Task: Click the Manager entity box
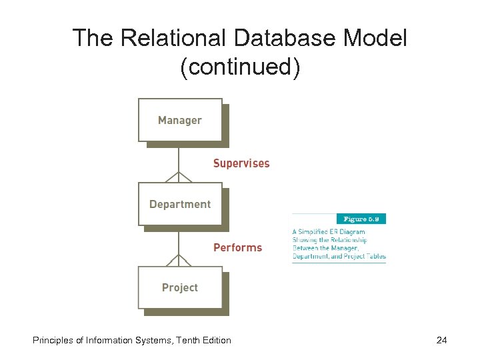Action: tap(180, 120)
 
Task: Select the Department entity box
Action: tap(180, 204)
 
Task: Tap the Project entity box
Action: tap(180, 287)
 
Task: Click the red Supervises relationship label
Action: tap(241, 163)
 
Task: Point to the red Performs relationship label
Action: tap(237, 247)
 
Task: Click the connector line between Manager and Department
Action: tap(179, 157)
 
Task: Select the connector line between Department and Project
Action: tap(179, 240)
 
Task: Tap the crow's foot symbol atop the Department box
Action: tap(179, 177)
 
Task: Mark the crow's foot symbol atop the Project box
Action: tap(179, 260)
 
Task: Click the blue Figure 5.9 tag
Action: tap(363, 219)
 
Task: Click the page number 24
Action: tap(441, 341)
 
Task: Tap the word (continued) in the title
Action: tap(240, 67)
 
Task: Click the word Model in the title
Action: tap(375, 38)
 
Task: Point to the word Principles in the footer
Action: tap(53, 341)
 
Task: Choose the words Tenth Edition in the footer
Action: tap(203, 341)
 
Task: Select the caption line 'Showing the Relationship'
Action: tap(330, 240)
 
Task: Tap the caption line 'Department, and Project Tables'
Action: tap(339, 257)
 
